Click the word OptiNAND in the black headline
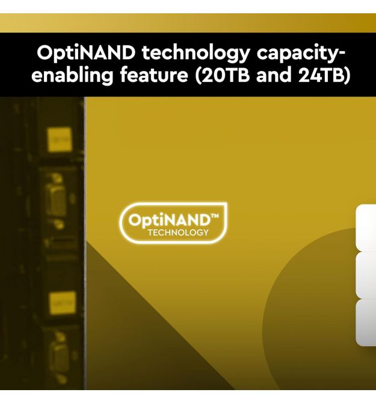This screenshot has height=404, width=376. click(86, 53)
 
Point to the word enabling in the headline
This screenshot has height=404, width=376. click(72, 75)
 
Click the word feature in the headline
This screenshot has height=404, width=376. click(154, 75)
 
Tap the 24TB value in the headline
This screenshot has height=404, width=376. click(324, 75)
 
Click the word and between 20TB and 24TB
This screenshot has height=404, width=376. click(274, 75)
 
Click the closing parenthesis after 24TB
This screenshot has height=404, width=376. click(348, 75)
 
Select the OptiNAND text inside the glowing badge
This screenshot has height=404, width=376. click(170, 220)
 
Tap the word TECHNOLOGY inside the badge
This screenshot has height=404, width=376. click(178, 233)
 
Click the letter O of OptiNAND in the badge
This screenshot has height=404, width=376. click(134, 221)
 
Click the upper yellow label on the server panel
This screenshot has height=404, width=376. click(60, 139)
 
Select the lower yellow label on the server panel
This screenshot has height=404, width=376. click(63, 303)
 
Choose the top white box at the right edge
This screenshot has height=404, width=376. click(366, 228)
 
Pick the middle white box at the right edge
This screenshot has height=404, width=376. click(366, 274)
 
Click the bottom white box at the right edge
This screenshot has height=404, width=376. click(366, 323)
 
